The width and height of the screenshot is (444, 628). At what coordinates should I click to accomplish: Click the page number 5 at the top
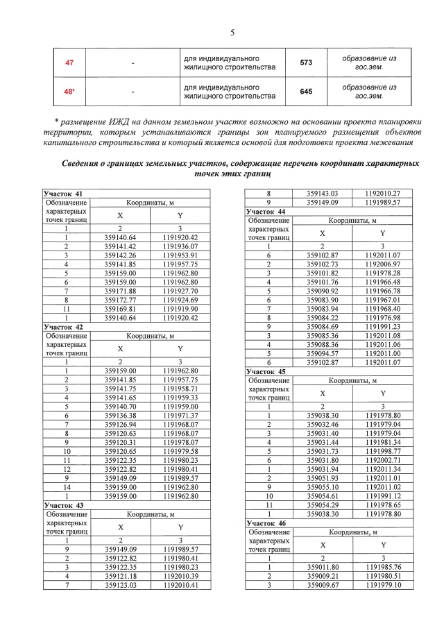(232, 33)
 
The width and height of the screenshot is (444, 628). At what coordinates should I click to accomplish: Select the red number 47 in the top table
(69, 62)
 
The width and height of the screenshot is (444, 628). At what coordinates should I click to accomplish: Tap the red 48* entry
(69, 91)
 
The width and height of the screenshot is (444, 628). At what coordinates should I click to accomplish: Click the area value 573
(306, 62)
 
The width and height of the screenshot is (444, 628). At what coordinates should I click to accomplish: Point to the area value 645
(306, 91)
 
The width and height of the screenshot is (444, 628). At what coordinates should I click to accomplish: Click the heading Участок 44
(266, 211)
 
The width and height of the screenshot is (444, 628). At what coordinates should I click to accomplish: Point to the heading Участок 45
(266, 371)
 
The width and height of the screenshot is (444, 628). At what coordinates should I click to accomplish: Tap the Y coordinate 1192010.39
(180, 575)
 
